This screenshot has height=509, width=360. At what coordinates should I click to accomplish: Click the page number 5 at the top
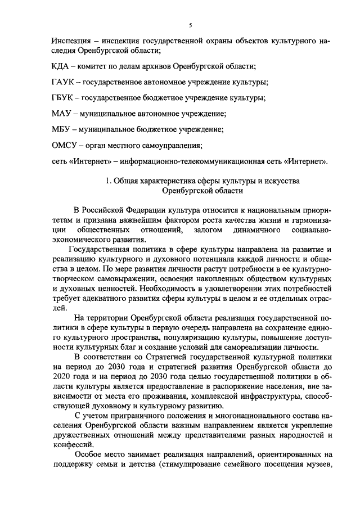pyautogui.click(x=191, y=25)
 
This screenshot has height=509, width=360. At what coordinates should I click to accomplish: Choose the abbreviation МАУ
pyautogui.click(x=60, y=114)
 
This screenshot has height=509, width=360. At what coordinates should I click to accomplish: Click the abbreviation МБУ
pyautogui.click(x=60, y=130)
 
